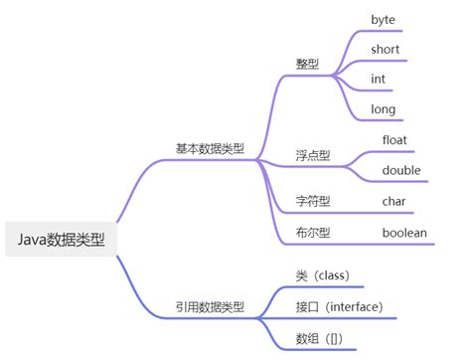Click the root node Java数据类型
point(62,240)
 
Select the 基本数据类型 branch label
point(210,149)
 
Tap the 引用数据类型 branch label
point(210,308)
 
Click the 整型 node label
point(308,63)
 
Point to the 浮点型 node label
point(314,156)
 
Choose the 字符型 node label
point(314,201)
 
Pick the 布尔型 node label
point(314,233)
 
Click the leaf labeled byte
point(384,19)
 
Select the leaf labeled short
point(386,49)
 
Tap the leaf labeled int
point(379,79)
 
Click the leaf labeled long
point(383,109)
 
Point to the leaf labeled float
point(394,139)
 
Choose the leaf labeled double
point(400,170)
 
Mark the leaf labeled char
point(394,201)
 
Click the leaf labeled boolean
point(404,233)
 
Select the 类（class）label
point(323,274)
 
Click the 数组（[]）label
point(320,338)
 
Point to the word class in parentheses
point(331,274)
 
